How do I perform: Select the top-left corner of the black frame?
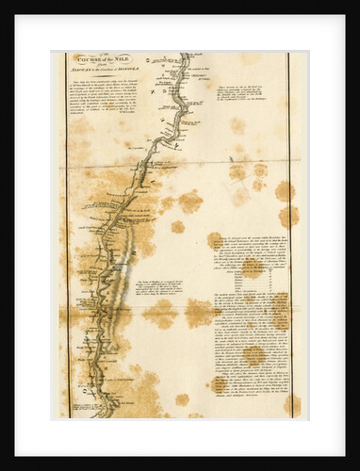click(3, 3)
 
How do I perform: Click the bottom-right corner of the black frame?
click(356, 467)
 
